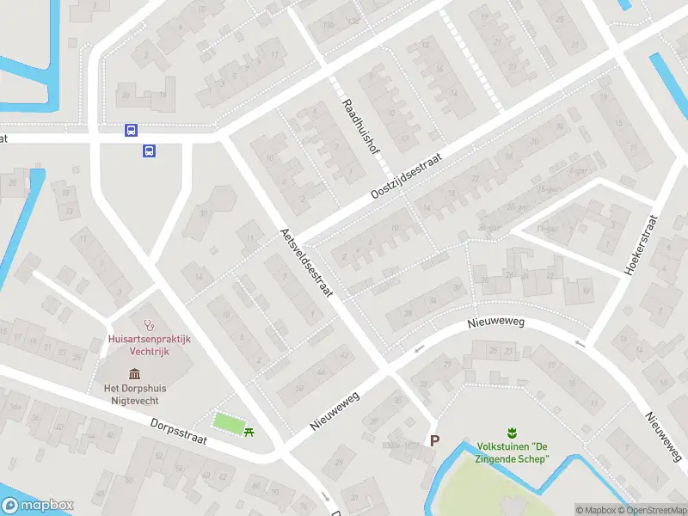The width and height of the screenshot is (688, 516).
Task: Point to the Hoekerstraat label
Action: click(x=641, y=244)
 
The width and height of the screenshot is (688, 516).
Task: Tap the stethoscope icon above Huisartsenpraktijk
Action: click(x=149, y=325)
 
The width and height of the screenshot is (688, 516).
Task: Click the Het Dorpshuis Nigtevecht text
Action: click(x=135, y=394)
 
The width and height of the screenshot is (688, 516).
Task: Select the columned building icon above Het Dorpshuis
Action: click(x=135, y=373)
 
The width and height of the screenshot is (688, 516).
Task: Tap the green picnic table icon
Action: click(x=249, y=431)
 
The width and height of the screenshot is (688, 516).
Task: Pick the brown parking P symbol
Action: click(x=434, y=440)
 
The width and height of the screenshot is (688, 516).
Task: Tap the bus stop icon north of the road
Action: click(x=131, y=131)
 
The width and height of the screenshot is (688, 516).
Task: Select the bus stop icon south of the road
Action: click(x=149, y=151)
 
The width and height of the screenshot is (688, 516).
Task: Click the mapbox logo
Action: click(x=38, y=506)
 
